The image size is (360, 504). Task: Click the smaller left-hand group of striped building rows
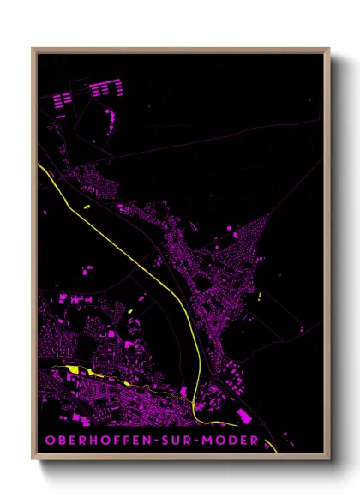click(62, 99)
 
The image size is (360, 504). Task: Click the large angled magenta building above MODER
click(244, 415)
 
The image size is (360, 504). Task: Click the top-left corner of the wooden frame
click(33, 49)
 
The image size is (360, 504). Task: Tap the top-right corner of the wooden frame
click(328, 49)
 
